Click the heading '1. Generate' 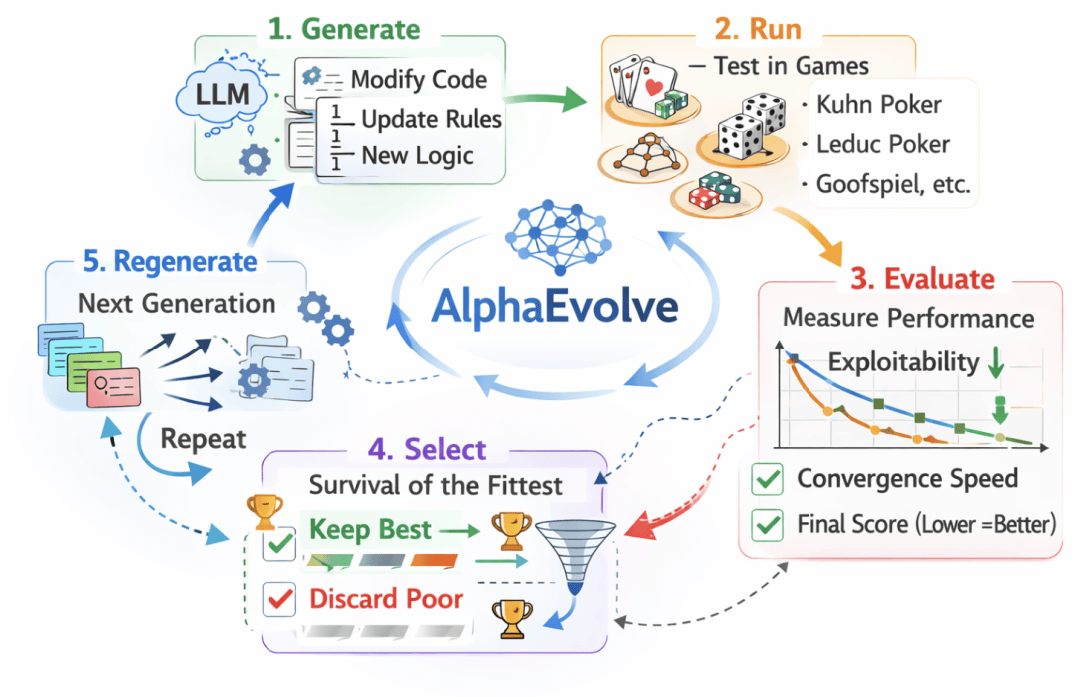343,28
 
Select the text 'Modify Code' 418,79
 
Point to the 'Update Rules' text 431,119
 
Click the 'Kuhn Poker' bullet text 878,105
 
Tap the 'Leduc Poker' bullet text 883,144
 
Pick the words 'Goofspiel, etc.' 891,184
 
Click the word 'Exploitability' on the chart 904,360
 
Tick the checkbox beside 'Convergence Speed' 768,479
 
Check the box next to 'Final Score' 768,522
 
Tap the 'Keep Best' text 370,529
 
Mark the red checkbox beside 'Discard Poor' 280,599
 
